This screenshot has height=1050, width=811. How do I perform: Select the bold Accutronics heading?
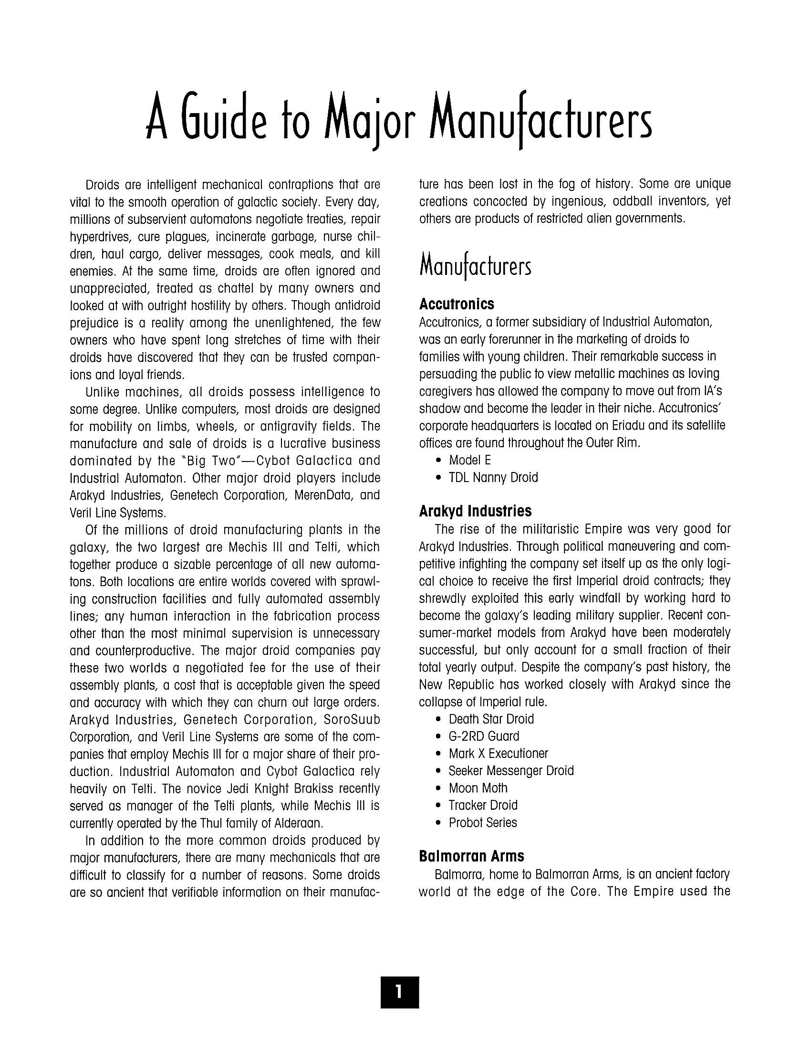tap(457, 304)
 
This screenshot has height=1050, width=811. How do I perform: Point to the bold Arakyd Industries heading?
tap(475, 511)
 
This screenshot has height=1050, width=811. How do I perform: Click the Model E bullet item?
tap(469, 460)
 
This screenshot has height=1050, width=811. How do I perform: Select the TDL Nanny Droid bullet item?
tap(493, 477)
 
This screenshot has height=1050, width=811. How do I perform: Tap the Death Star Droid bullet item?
tap(491, 719)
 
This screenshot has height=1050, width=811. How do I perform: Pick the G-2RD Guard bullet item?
tap(484, 736)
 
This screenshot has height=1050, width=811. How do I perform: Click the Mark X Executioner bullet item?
tap(498, 753)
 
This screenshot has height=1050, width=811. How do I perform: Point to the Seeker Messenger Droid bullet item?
tap(511, 771)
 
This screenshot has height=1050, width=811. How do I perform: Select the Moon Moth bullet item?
tap(478, 788)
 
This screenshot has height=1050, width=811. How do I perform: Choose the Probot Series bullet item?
tap(482, 823)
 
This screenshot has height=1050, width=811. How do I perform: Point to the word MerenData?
tap(322, 495)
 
